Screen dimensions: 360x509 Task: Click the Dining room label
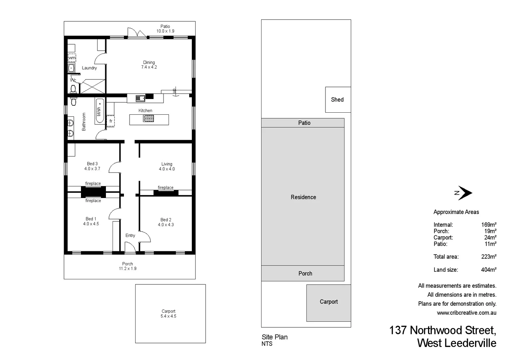tap(149, 62)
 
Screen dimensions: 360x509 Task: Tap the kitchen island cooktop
tap(148, 118)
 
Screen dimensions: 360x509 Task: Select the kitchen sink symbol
tap(140, 98)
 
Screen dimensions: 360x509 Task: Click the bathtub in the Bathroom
tap(99, 111)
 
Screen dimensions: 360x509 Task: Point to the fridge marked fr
tap(111, 121)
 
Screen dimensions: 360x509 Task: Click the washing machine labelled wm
tap(72, 58)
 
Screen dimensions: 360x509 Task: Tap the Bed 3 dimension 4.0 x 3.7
tap(92, 169)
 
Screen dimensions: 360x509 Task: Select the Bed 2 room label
tap(166, 220)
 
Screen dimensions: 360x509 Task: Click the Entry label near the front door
tap(130, 235)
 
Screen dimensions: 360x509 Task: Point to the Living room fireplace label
tap(166, 188)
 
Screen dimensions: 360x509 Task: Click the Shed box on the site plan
tap(337, 100)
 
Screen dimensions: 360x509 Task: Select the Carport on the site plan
tap(328, 302)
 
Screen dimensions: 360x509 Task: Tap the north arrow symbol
tap(464, 193)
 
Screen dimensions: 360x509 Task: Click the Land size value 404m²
tap(489, 270)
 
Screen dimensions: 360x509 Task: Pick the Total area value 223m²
tap(489, 257)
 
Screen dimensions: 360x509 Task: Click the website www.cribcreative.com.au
tap(466, 313)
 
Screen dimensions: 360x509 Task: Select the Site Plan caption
tap(274, 337)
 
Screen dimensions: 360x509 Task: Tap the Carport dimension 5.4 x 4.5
tap(168, 316)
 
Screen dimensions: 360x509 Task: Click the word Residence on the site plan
tap(303, 197)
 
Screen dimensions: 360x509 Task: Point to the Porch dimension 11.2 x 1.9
tap(128, 268)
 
